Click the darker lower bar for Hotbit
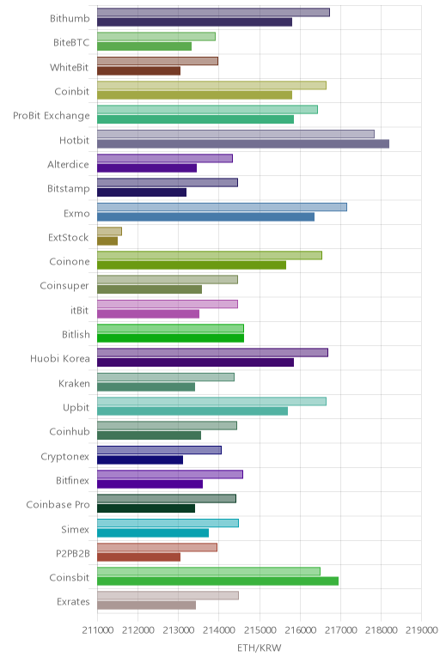(x=243, y=143)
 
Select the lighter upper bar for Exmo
(x=222, y=207)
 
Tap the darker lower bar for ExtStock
(x=107, y=241)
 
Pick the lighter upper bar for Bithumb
(x=213, y=12)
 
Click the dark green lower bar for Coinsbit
(x=218, y=581)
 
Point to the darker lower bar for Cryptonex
(x=140, y=459)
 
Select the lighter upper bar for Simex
(x=168, y=523)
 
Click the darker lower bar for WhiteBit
(x=138, y=70)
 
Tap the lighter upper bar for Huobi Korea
(x=212, y=353)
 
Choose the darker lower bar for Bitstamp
(x=142, y=192)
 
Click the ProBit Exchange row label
(x=52, y=115)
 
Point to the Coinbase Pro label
(x=58, y=504)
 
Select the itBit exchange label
(x=80, y=310)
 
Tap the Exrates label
(x=73, y=601)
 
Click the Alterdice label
(x=68, y=164)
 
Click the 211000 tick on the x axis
(x=97, y=630)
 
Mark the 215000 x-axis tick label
(x=260, y=630)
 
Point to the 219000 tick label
(x=421, y=630)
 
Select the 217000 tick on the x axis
(x=340, y=630)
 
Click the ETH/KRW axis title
(x=259, y=648)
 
